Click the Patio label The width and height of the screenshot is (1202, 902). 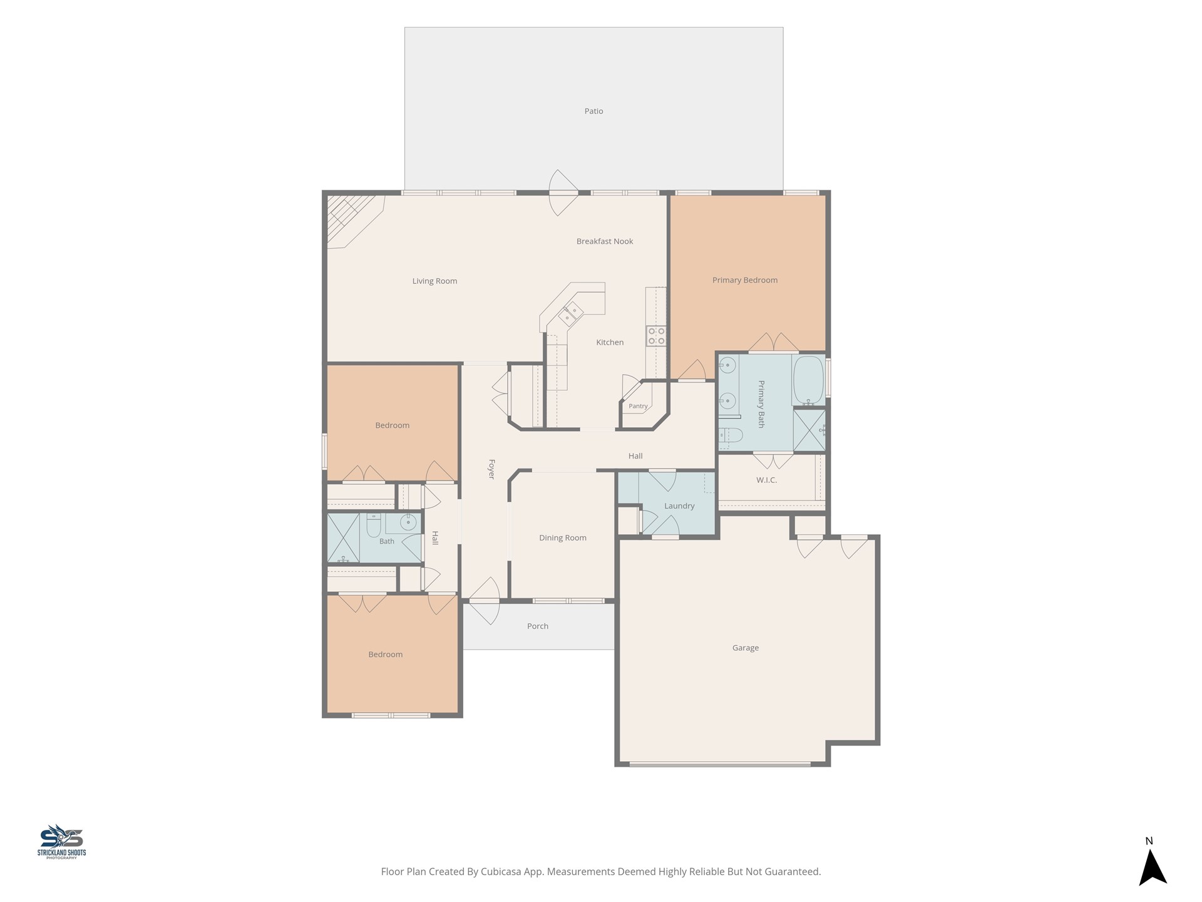click(593, 111)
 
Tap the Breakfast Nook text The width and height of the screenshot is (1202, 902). click(605, 241)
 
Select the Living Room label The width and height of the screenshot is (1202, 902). click(434, 281)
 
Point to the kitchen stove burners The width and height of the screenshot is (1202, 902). click(656, 336)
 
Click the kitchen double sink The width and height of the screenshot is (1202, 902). click(571, 313)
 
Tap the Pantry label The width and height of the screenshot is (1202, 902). click(638, 406)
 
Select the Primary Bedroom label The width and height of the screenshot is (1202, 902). click(745, 280)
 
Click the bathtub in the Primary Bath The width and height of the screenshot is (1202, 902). click(808, 380)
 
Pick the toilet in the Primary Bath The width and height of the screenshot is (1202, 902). click(730, 435)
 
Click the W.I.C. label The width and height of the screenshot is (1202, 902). click(766, 480)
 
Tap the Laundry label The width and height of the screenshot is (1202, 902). click(679, 506)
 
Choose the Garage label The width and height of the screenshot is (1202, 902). click(746, 648)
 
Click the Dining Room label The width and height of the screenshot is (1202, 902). click(563, 537)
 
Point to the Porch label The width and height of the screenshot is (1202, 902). click(538, 626)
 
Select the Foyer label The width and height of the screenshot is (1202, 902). click(491, 469)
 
